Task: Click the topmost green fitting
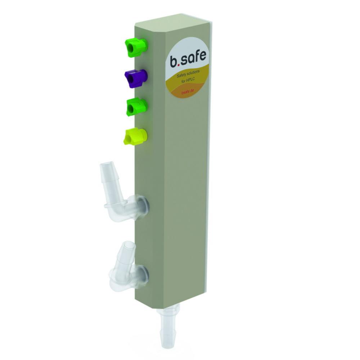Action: (136, 48)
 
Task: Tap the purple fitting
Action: (136, 78)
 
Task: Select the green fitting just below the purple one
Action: (137, 107)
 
